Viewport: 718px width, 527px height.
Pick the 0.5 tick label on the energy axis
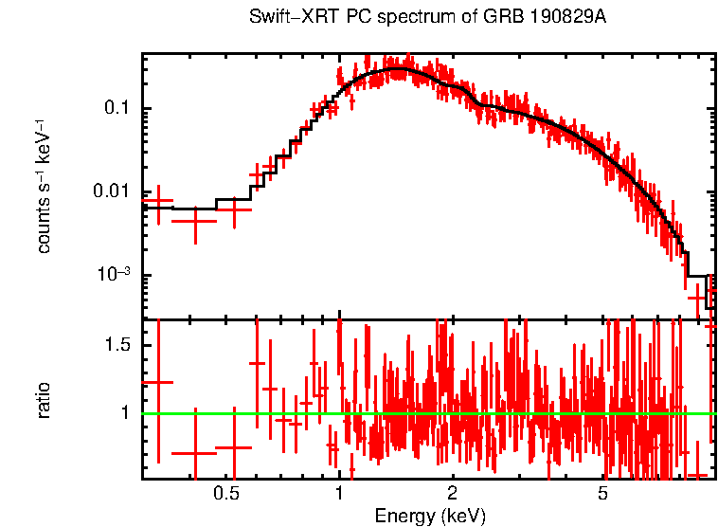(x=225, y=495)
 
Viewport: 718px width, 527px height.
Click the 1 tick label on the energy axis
(x=339, y=495)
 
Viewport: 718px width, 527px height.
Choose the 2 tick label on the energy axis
(x=453, y=495)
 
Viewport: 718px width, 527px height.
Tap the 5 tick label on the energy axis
(x=602, y=495)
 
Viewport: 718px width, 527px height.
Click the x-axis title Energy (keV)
(x=430, y=516)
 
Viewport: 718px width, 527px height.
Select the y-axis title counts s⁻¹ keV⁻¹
(x=44, y=185)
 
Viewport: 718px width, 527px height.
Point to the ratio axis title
(x=44, y=399)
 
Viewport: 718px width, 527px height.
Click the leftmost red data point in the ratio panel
(x=158, y=382)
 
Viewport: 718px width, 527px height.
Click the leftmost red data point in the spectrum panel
(x=158, y=202)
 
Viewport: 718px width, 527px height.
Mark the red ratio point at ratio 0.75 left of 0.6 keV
(x=234, y=447)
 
